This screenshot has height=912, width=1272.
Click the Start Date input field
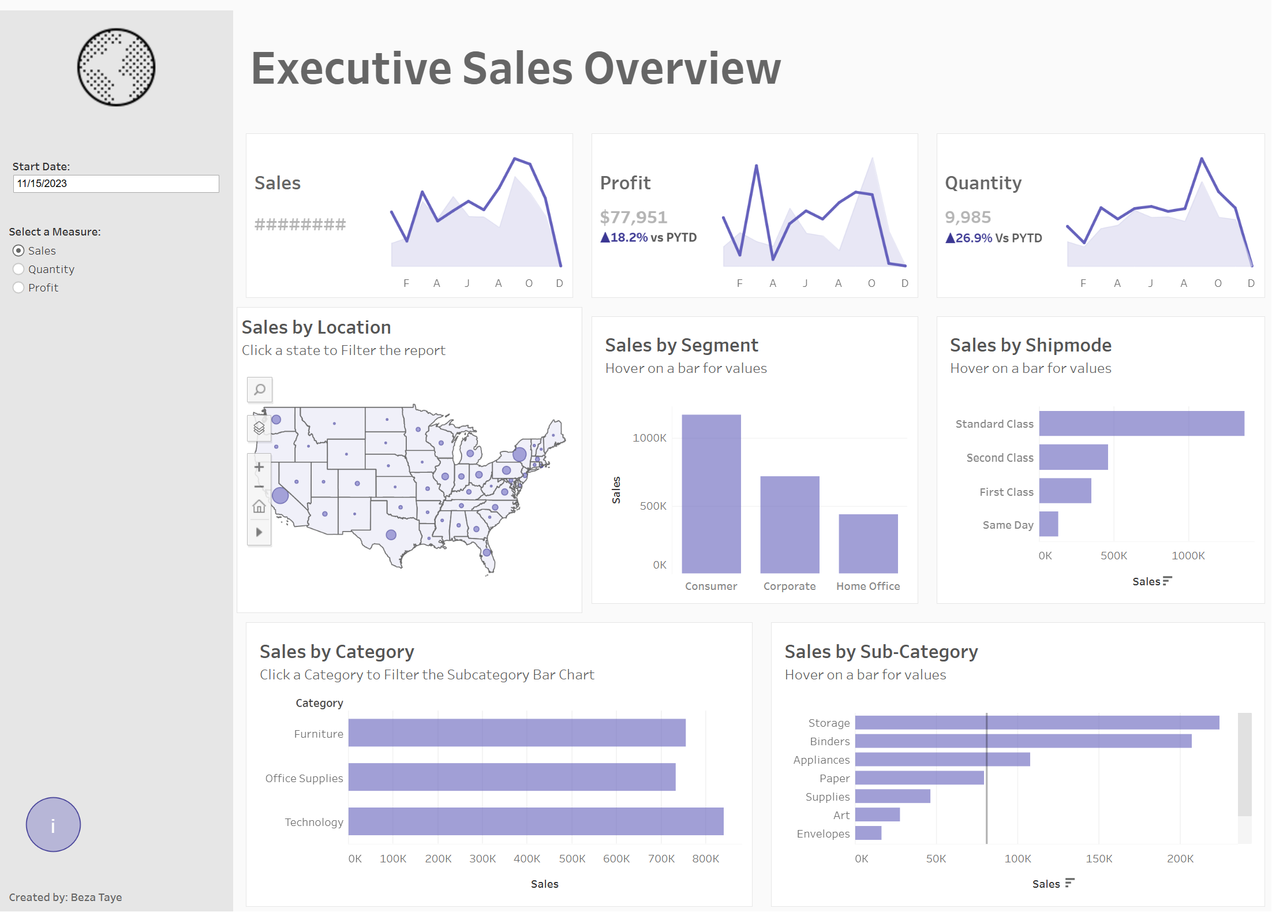[x=115, y=184]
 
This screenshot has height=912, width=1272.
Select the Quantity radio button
[x=19, y=269]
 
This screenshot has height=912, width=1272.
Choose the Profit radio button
[x=19, y=287]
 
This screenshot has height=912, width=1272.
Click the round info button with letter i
[x=53, y=824]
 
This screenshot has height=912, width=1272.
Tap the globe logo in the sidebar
[x=117, y=68]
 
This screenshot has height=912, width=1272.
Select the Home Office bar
[x=868, y=543]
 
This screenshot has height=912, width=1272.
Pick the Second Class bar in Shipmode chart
[x=1073, y=457]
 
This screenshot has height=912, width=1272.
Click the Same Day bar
[x=1049, y=524]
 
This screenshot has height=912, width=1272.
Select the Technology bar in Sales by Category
[x=536, y=821]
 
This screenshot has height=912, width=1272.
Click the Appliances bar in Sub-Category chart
[x=942, y=760]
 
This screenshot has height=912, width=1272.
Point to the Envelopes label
[x=823, y=833]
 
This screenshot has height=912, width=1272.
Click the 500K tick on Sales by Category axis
[x=572, y=858]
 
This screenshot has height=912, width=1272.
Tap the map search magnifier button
[x=260, y=390]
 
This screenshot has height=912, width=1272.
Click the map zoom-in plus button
[x=259, y=467]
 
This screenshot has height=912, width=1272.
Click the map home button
[x=259, y=507]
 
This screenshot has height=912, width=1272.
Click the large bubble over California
[x=280, y=495]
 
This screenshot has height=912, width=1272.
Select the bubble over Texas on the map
[x=391, y=535]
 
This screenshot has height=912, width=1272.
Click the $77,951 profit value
[x=633, y=217]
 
